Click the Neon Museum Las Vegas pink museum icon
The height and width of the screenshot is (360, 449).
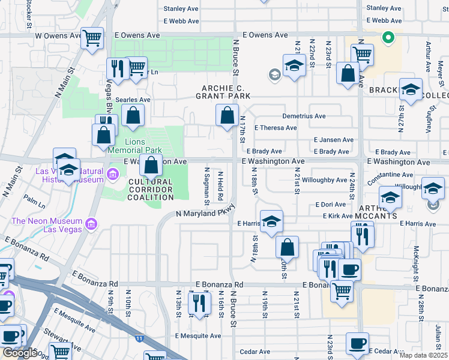91,225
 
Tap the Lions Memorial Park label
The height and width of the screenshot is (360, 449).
134,146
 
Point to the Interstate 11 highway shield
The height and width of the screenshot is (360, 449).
139,339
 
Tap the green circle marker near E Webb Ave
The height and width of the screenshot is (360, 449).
388,38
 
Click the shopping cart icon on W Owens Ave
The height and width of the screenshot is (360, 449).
92,38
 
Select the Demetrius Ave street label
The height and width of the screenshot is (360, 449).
303,116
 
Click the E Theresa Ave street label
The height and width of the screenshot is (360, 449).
275,128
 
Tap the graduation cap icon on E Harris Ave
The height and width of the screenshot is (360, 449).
271,221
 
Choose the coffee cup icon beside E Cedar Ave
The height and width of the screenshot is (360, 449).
358,343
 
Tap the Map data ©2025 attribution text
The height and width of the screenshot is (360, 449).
424,355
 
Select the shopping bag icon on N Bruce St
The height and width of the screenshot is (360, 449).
227,115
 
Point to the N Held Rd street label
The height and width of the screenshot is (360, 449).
220,186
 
